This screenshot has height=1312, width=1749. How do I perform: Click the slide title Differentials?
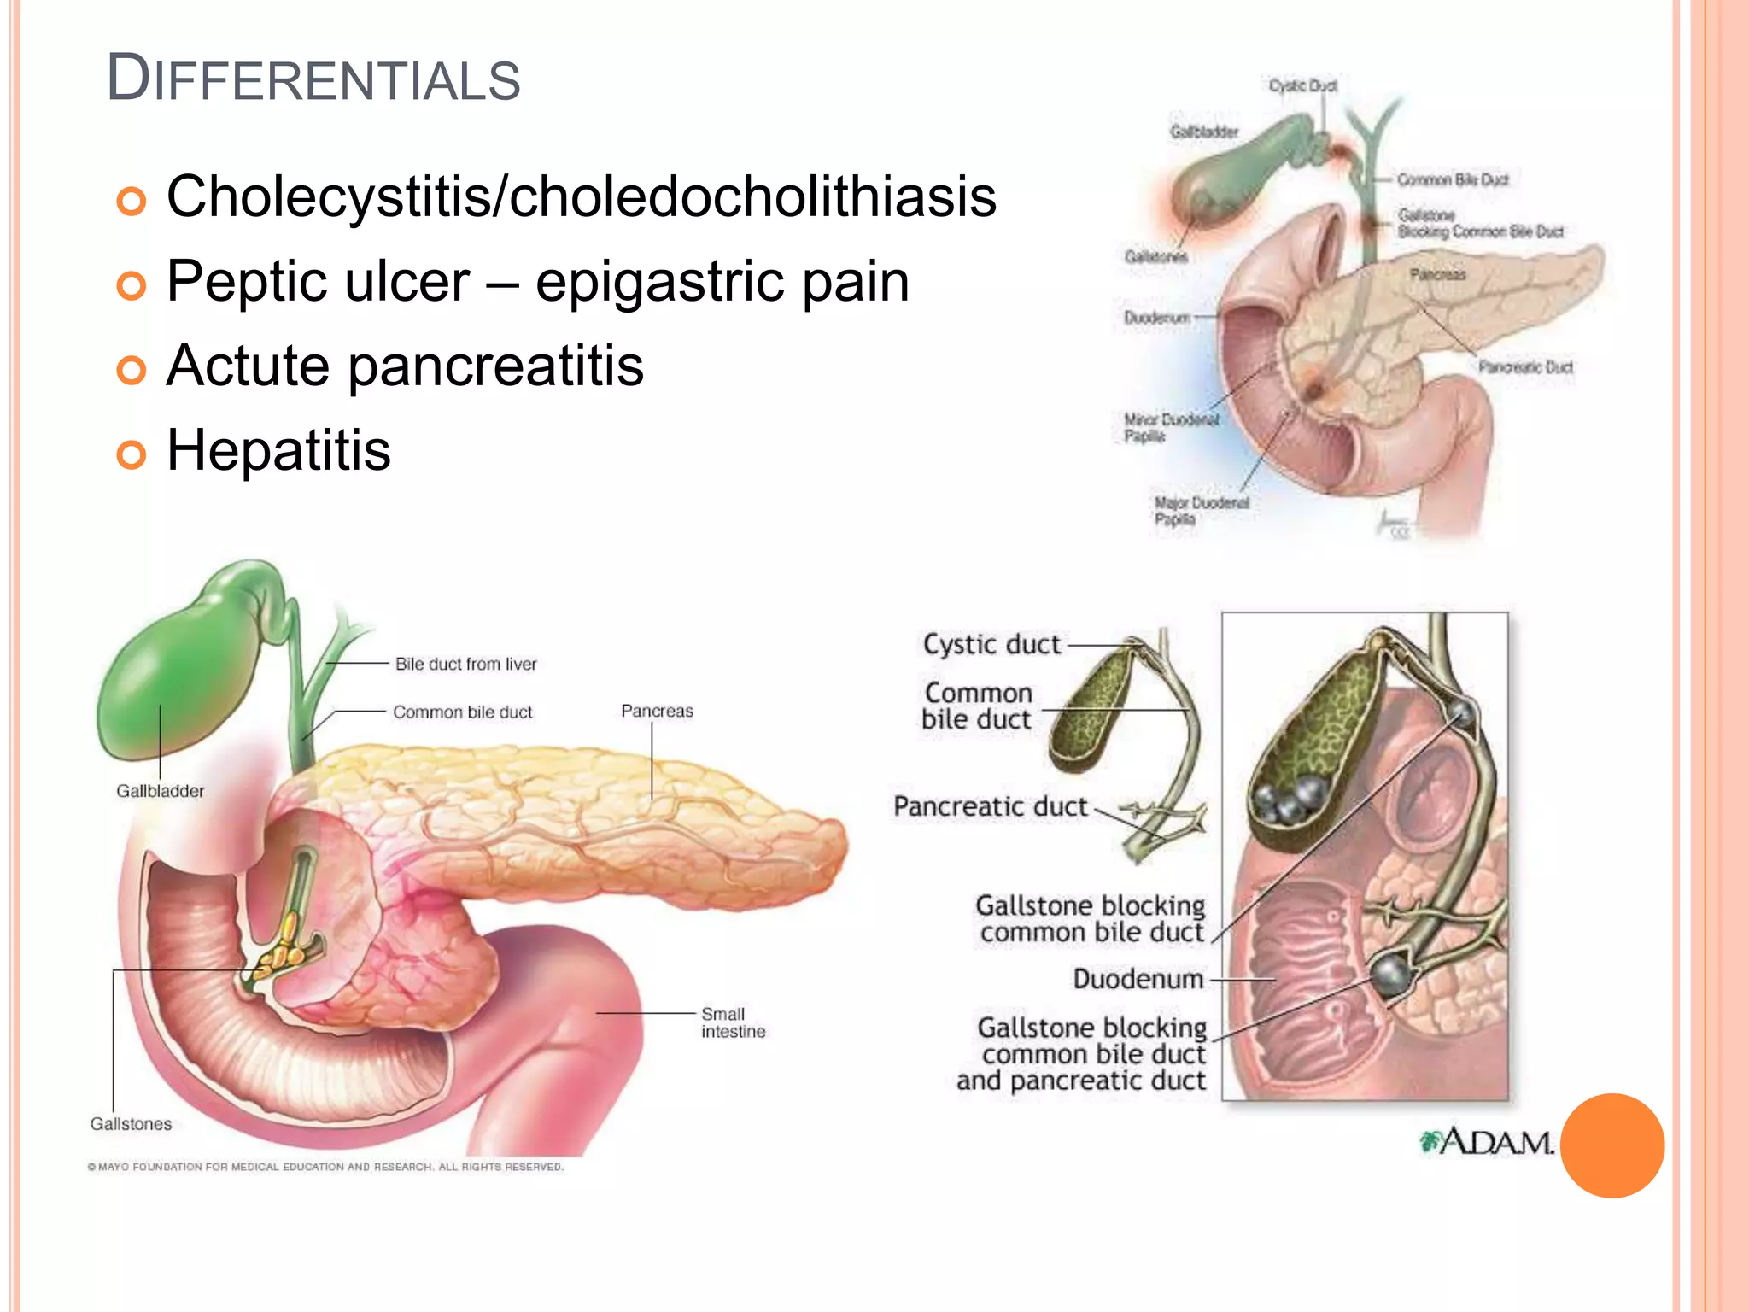click(313, 79)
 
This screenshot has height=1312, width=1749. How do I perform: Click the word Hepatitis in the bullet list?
click(278, 450)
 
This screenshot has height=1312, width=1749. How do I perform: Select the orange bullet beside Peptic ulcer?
click(131, 285)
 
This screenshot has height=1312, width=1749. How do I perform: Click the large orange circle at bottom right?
click(1612, 1145)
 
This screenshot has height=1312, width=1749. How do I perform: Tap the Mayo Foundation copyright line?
click(325, 1167)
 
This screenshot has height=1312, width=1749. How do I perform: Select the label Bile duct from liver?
click(465, 664)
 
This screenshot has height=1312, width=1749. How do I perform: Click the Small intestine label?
click(733, 1022)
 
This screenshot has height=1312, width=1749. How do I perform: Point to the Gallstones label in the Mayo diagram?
click(131, 1124)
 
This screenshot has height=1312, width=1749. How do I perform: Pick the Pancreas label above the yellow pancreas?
click(657, 711)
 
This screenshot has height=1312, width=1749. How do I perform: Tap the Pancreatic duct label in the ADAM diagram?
click(990, 806)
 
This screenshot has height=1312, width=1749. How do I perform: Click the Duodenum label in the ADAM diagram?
click(1138, 979)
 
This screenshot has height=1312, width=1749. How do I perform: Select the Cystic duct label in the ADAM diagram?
click(991, 644)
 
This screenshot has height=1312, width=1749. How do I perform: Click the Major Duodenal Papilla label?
click(1200, 511)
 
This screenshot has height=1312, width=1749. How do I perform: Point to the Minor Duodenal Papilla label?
click(1170, 428)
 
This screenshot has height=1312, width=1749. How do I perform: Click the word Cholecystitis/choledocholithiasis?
click(581, 196)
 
